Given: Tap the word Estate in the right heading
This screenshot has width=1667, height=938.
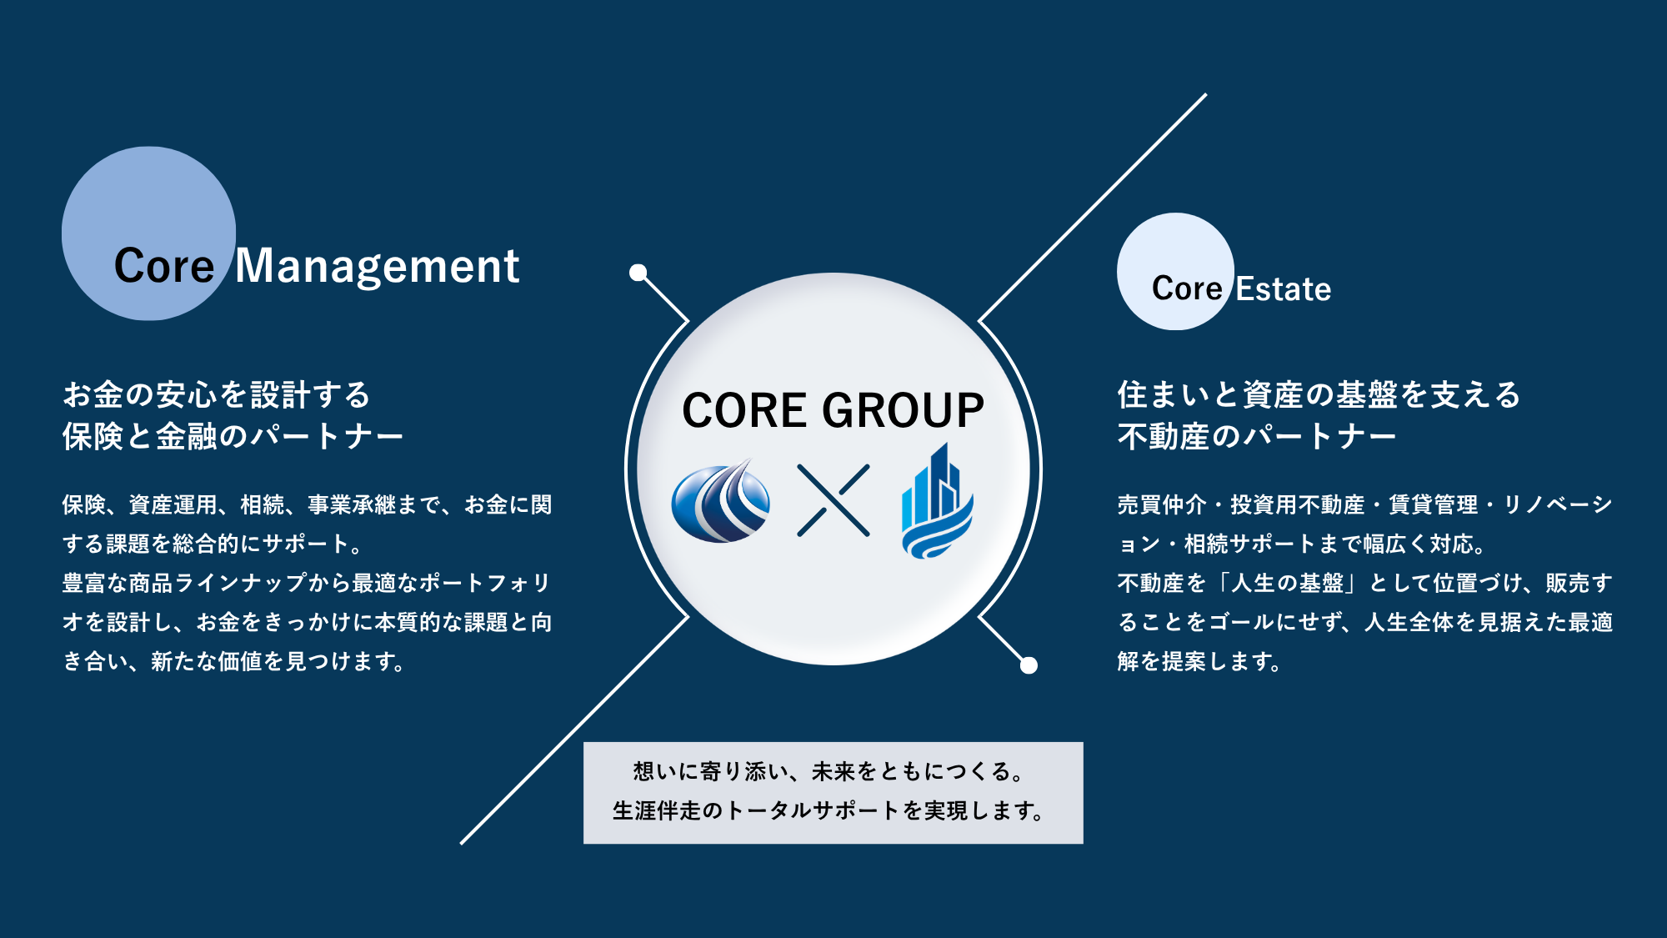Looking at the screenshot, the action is pos(1284,289).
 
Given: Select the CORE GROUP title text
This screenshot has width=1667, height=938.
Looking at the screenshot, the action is pos(833,410).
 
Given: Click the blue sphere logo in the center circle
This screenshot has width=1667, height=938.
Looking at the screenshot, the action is pos(721,501).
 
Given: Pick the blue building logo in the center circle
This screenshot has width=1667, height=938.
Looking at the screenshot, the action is pos(938,500).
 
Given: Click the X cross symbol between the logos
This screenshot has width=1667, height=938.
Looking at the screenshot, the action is pos(833,500).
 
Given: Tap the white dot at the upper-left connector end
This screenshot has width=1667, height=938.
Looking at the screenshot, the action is pos(638,273).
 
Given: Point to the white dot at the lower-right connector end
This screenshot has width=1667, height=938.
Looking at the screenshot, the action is pos(1029,665).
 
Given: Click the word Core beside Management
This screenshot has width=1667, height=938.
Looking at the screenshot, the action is pos(164,267).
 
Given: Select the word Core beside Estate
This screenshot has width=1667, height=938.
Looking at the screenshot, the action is pos(1187,289).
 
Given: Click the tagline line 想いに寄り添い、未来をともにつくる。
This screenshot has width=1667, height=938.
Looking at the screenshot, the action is pos(828,772).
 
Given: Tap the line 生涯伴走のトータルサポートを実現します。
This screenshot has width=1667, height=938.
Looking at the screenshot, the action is pos(828,810).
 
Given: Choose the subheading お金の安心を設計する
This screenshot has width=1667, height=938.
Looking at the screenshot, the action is pos(217,394).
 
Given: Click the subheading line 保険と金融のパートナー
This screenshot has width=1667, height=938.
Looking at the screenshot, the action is pos(233,436).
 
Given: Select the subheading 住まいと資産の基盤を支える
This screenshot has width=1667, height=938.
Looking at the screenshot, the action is pos(1319,394).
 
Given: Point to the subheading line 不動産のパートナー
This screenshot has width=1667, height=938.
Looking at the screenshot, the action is pos(1257,436).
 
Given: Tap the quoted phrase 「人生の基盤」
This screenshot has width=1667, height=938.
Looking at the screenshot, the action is pos(1288,583).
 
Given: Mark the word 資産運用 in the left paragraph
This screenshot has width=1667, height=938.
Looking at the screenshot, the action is pos(173,504).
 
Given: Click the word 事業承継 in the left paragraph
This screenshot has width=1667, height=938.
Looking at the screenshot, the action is pos(352,504).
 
